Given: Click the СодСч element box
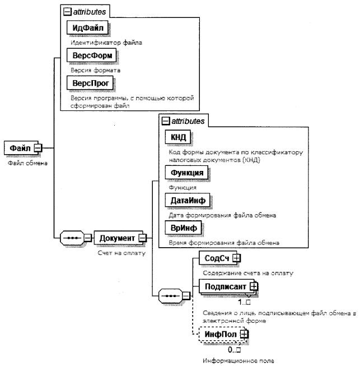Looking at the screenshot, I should point(215,257).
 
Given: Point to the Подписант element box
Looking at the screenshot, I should point(224,286).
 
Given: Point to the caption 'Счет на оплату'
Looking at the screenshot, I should point(118,252).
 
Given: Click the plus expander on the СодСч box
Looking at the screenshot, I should point(236,257).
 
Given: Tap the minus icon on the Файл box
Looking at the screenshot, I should point(38,148).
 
